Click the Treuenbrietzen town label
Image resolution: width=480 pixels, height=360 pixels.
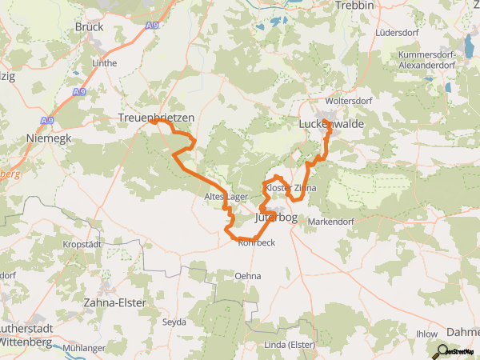[x=157, y=117]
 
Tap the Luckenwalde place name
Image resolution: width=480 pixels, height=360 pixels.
[x=330, y=126]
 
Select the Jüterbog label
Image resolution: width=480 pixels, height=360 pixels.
[x=276, y=217]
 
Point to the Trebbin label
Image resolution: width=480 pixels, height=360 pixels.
[x=356, y=5]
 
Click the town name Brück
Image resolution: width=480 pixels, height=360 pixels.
[x=89, y=26]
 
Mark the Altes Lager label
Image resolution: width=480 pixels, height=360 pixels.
[x=226, y=196]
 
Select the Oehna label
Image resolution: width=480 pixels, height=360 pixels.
[x=247, y=275]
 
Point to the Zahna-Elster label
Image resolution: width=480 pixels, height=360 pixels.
[x=115, y=302]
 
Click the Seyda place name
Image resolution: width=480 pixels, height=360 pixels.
[x=174, y=322]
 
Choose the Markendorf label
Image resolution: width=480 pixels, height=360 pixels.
[x=330, y=221]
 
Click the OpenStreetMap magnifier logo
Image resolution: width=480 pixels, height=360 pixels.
[x=438, y=350]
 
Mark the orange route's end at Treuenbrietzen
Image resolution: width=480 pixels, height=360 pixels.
[x=151, y=122]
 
